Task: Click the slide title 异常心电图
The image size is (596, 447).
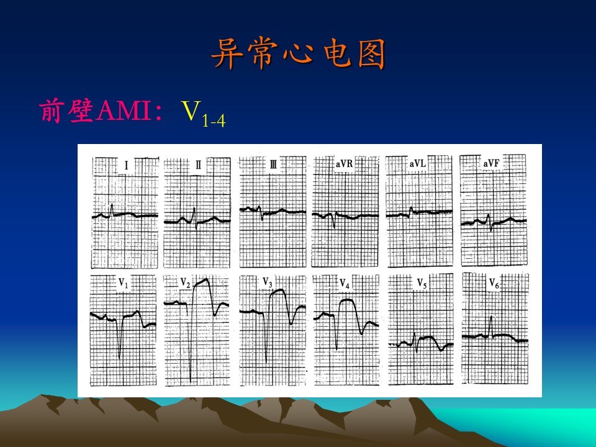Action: point(299,53)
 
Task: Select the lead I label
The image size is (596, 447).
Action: point(126,166)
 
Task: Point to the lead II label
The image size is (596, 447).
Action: point(199,165)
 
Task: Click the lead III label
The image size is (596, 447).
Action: point(273,164)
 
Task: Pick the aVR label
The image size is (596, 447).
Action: point(345,163)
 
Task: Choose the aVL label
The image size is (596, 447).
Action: point(418,163)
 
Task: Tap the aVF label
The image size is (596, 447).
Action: point(492,163)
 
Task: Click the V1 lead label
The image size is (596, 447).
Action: point(124,283)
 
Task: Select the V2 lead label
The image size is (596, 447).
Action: point(186,283)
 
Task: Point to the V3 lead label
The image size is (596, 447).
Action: point(268,282)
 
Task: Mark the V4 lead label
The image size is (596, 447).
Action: point(345,284)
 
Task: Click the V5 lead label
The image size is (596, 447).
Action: point(422,284)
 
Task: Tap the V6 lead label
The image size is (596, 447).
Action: point(494,283)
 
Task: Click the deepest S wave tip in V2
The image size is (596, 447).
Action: point(191,381)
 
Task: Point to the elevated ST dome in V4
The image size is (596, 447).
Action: point(346,300)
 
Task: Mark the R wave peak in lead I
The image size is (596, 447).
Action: point(112,205)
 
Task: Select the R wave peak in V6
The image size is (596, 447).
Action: point(491,317)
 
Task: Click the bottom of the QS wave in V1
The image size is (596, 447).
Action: point(119,358)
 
